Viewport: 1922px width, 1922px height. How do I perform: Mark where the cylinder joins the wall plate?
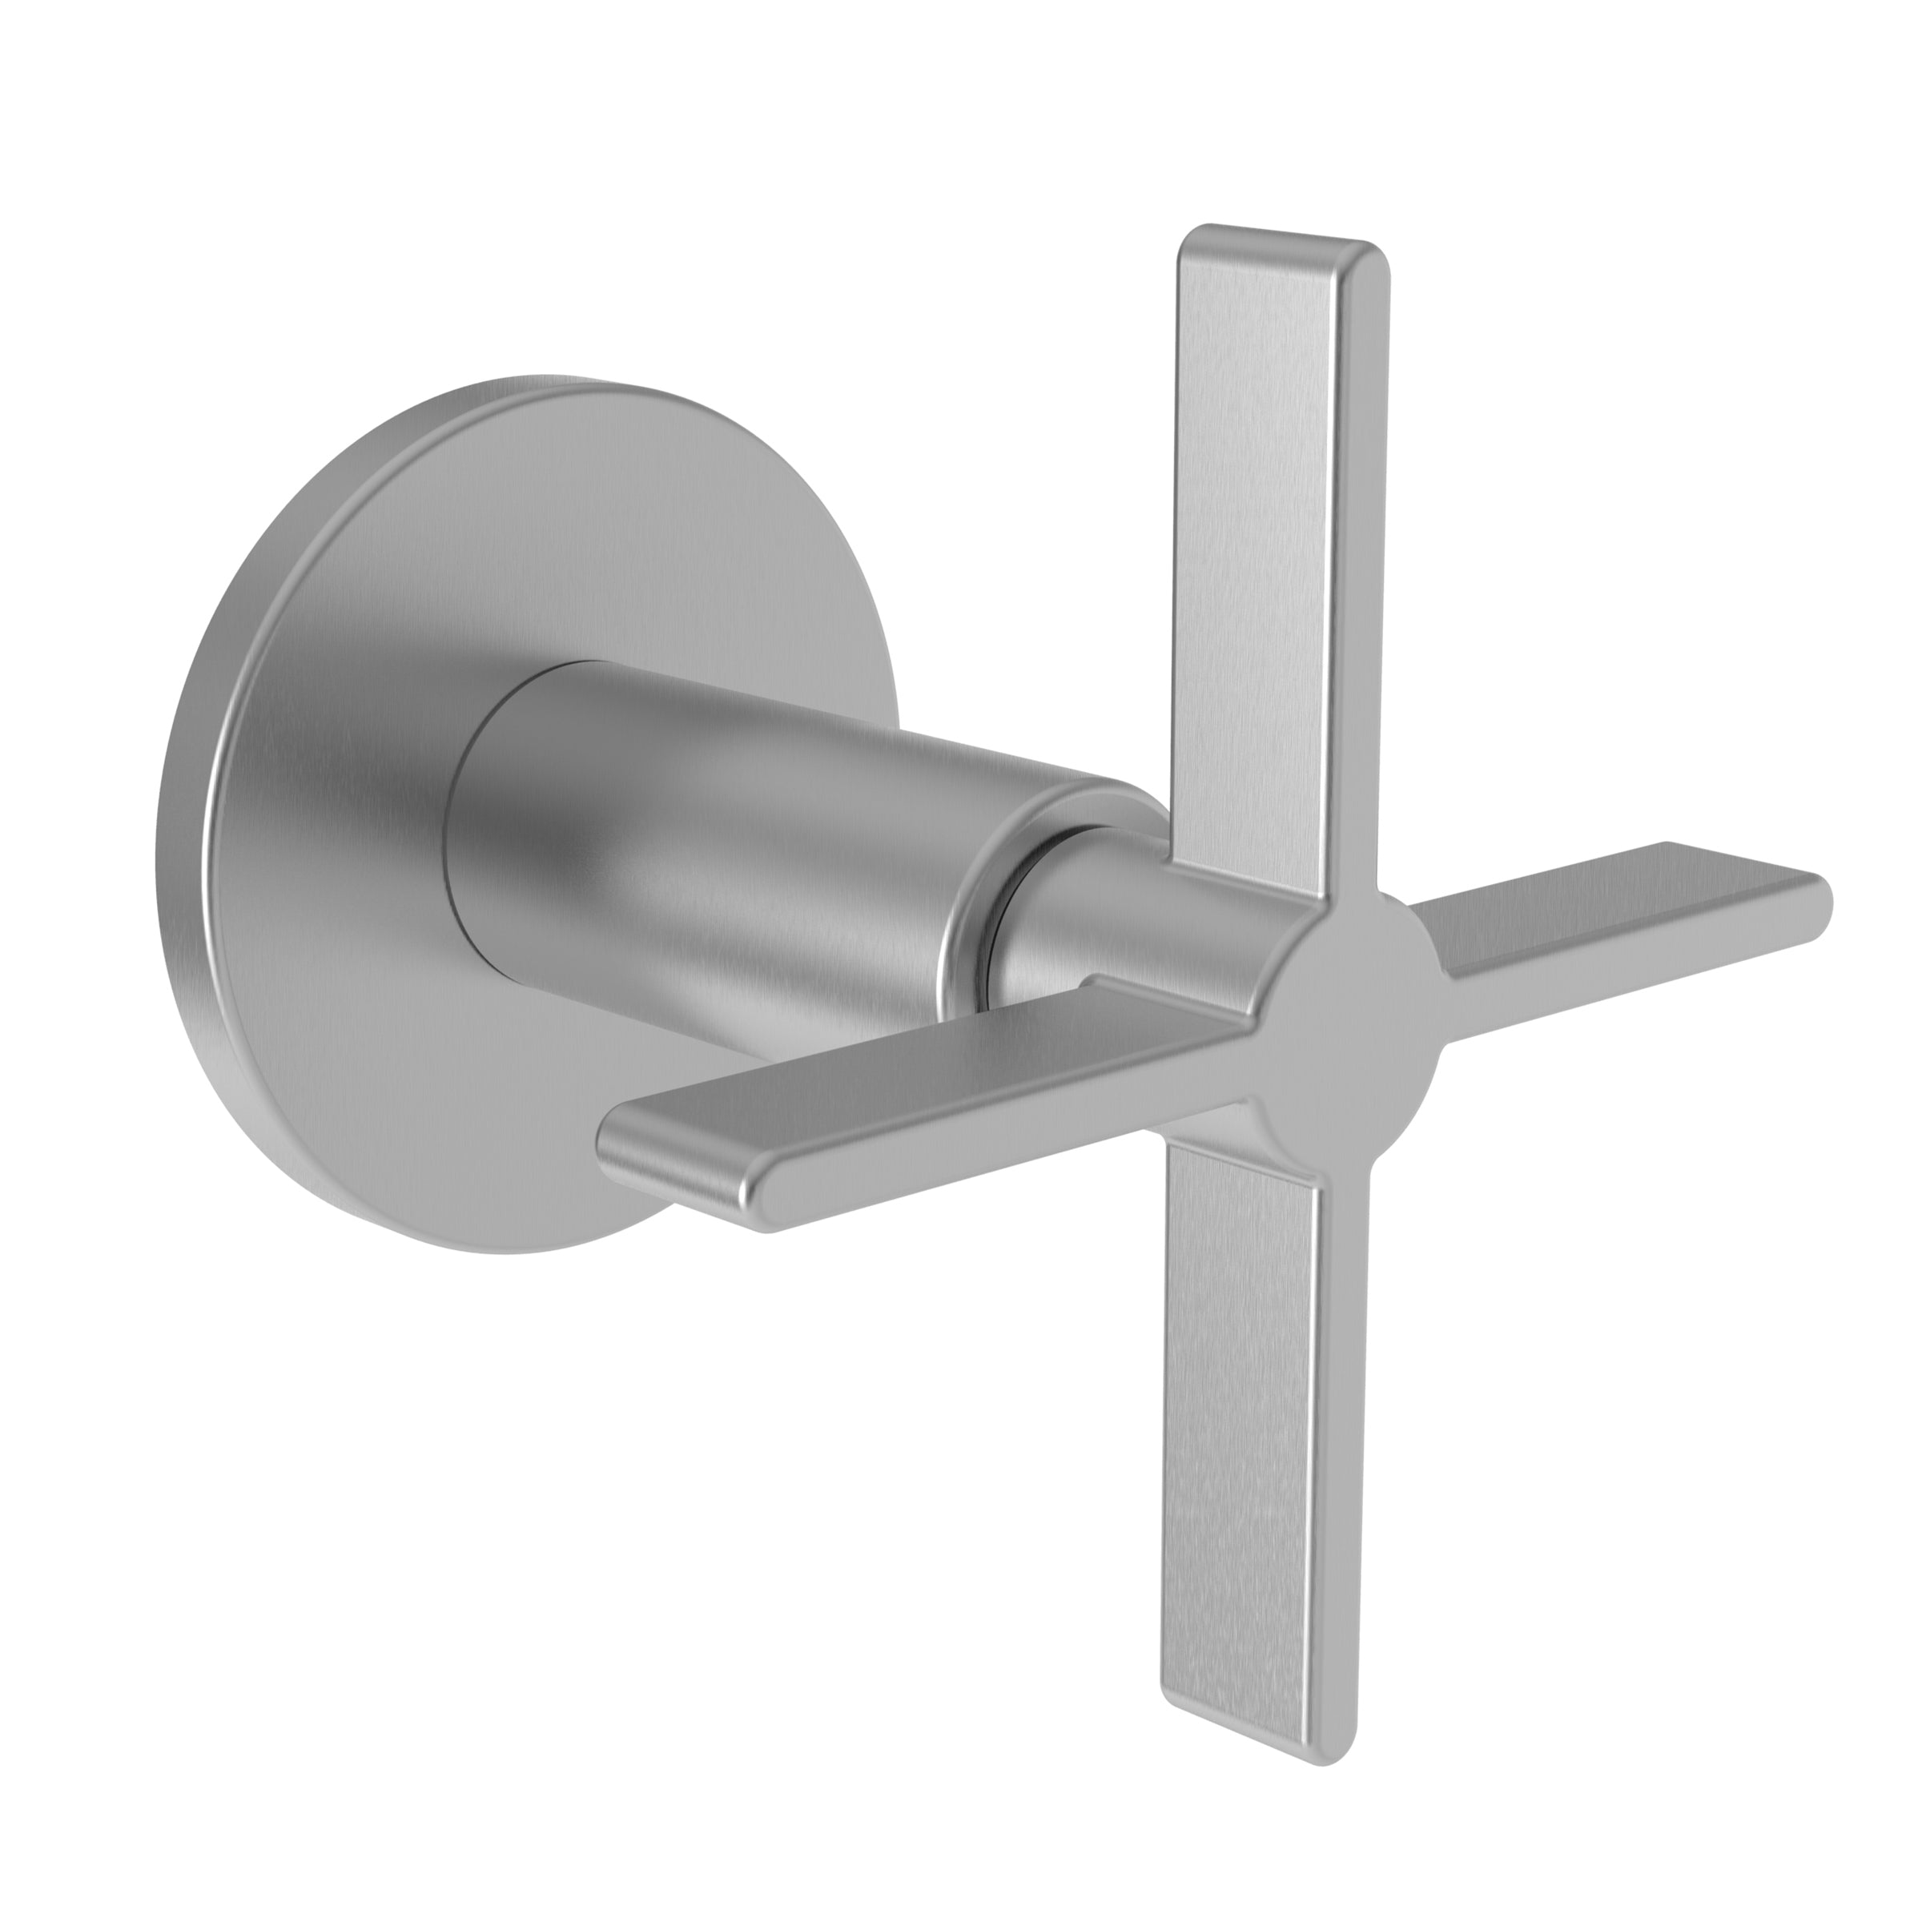pyautogui.click(x=452, y=846)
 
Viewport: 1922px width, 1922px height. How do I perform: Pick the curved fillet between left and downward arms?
pyautogui.click(x=1258, y=1129)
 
